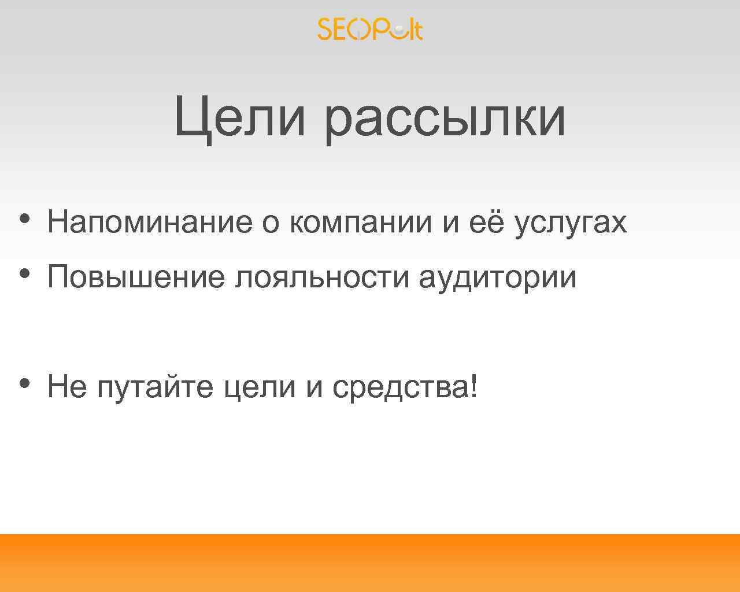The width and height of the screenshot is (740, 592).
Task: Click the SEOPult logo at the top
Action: point(370,29)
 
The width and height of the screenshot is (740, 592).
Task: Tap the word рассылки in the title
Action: point(445,119)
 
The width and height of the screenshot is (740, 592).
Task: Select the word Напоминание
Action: point(150,222)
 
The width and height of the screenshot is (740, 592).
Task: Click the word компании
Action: point(361,222)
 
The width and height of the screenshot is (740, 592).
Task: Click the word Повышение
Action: point(136,277)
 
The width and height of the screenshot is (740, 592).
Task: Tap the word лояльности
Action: point(322,277)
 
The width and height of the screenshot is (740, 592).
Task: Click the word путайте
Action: point(155,387)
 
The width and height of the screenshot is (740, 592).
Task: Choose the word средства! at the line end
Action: point(405,387)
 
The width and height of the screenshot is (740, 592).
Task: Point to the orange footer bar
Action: point(370,563)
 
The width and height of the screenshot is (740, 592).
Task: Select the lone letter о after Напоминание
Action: point(271,223)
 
